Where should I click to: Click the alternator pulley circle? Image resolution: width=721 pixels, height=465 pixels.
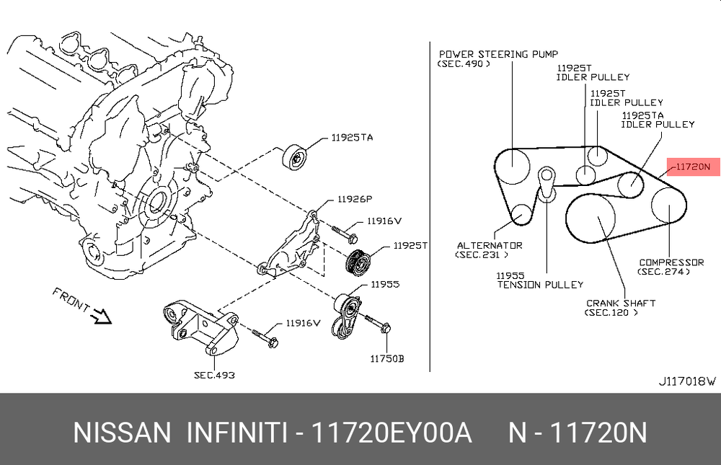pos(521,213)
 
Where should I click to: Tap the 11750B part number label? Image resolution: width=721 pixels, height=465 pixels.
pos(386,358)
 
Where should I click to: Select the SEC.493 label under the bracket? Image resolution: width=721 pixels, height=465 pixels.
pos(215,375)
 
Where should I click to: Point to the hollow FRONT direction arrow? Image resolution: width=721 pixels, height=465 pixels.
pos(99,315)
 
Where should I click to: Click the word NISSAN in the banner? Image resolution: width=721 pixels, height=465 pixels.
pos(122,433)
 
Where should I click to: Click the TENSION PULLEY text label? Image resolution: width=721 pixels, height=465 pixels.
pos(540,284)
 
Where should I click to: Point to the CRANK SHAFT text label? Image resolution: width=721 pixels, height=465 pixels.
pos(620,303)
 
